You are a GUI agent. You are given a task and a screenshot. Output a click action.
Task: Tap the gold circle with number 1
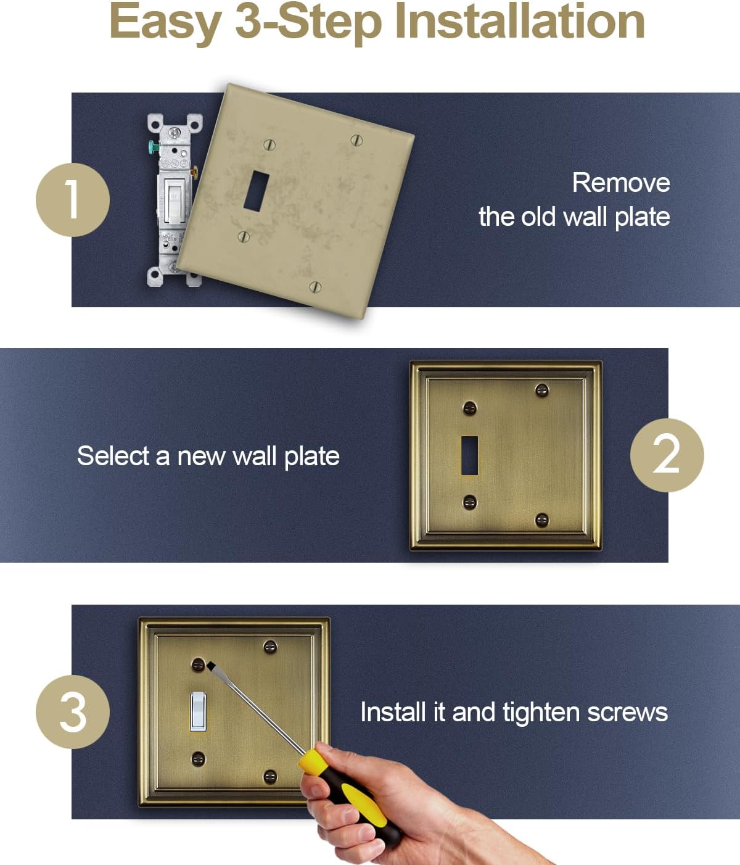73,200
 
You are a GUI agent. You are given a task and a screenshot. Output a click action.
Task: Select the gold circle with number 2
667,455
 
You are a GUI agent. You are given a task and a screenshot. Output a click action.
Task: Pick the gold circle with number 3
73,712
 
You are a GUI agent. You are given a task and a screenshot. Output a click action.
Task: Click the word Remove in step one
620,183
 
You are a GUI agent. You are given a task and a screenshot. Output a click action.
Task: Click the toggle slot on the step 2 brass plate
470,455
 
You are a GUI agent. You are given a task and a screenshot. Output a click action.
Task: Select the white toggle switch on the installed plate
198,711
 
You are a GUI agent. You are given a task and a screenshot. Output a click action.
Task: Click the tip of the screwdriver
210,665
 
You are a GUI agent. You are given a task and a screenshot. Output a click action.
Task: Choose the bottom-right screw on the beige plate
315,286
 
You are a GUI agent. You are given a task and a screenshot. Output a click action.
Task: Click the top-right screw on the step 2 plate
541,389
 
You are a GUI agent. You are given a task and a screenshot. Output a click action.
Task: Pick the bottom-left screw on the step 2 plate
470,502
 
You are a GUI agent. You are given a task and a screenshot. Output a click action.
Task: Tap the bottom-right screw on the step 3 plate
270,776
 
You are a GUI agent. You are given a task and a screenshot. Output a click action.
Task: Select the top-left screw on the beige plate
269,144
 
